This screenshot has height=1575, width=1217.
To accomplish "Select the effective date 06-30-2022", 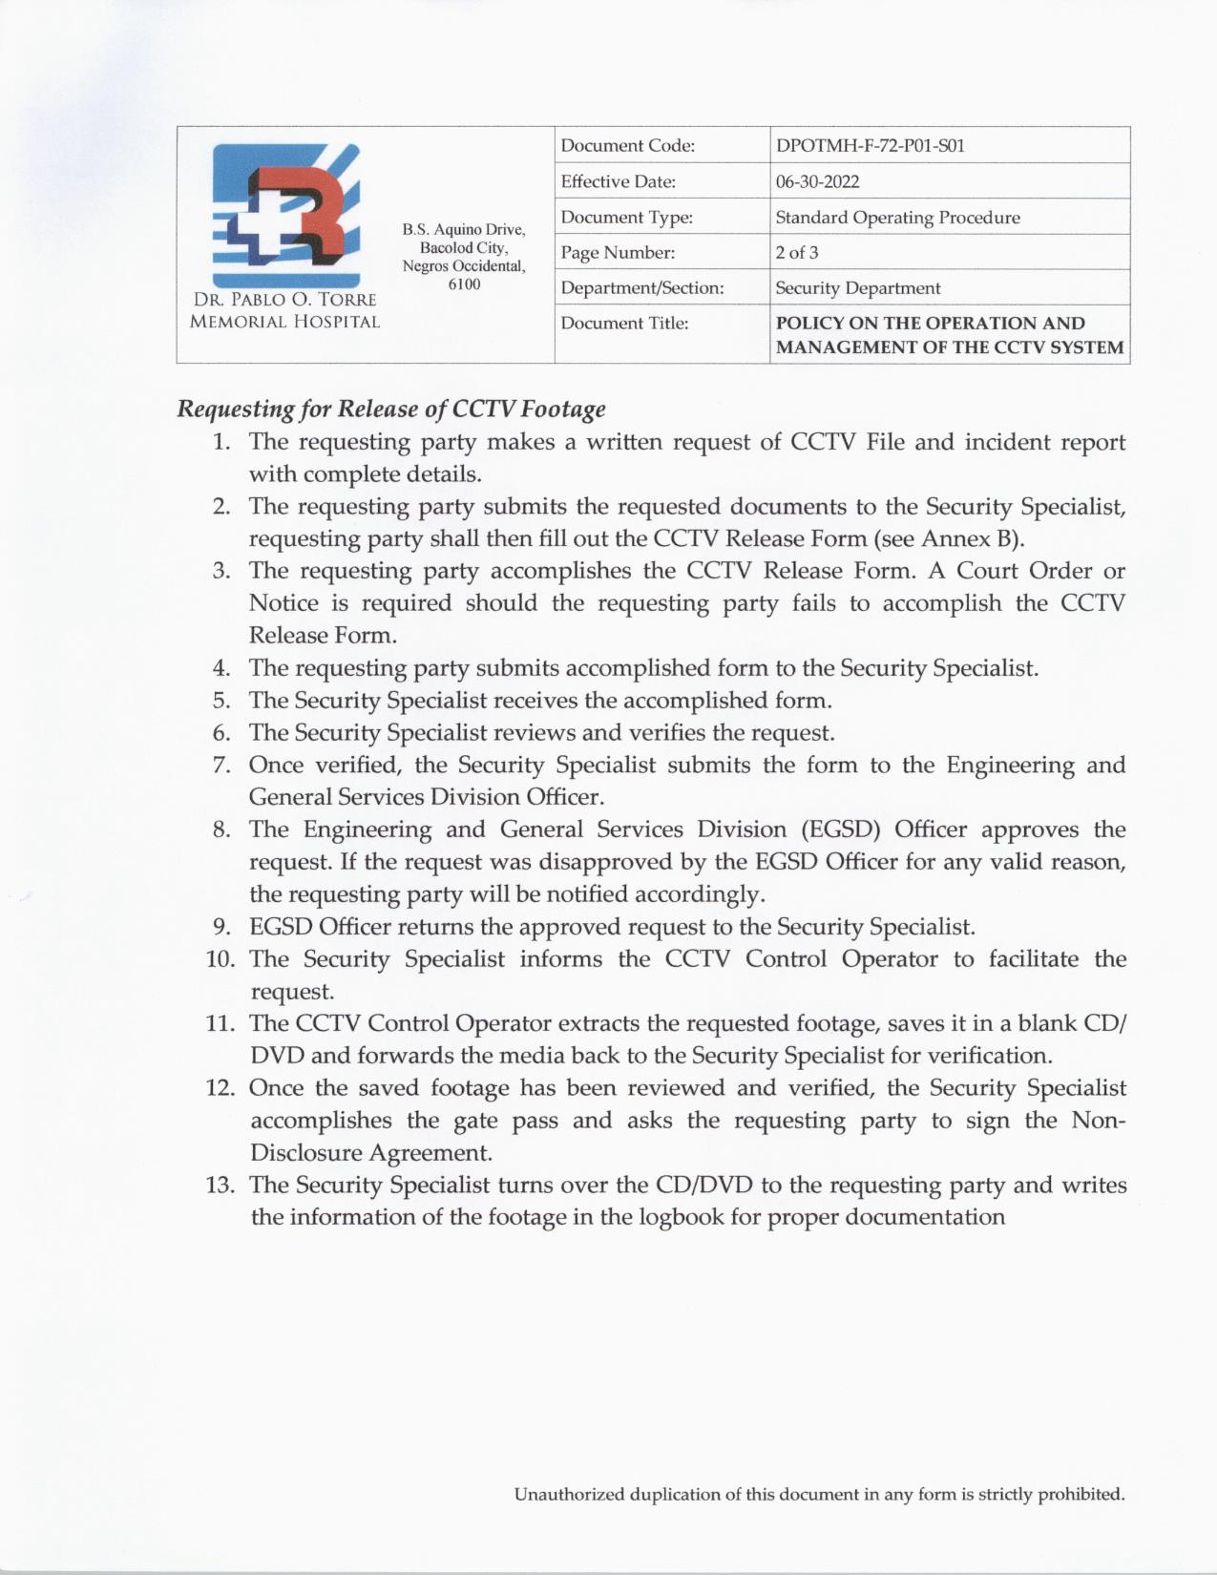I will point(804,181).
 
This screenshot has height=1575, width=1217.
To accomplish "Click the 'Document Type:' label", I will point(626,218).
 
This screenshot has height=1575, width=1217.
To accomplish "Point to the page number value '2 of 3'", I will point(796,253).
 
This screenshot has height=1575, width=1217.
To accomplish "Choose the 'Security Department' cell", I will point(857,288).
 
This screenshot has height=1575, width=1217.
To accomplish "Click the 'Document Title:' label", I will point(624,324).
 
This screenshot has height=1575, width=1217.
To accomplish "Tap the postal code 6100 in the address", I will point(464,284).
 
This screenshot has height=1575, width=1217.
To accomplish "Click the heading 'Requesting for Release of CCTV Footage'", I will point(391,409).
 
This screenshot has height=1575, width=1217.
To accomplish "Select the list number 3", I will point(221,571).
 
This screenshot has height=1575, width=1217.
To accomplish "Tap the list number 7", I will point(221,766).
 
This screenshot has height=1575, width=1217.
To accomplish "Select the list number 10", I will point(220,959).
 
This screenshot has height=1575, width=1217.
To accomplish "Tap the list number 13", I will point(220,1186).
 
